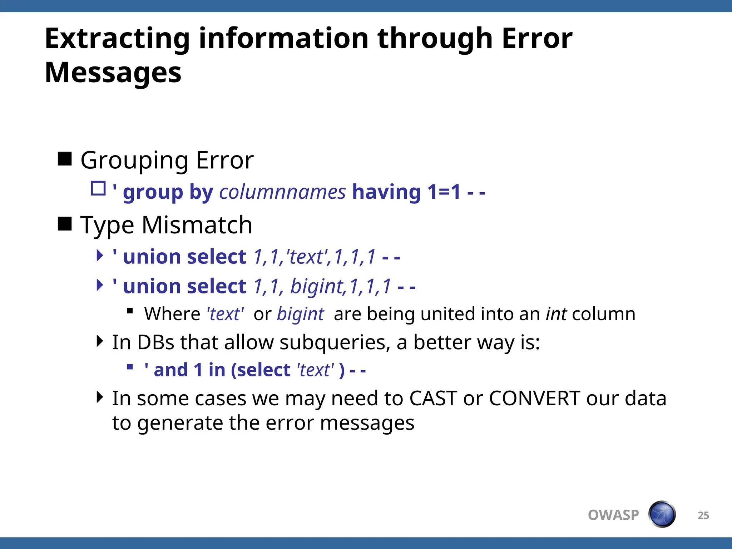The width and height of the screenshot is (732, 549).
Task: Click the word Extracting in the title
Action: click(x=117, y=39)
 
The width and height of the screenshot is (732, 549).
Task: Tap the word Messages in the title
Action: click(x=113, y=73)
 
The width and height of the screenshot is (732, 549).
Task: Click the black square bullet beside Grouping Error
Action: click(x=65, y=159)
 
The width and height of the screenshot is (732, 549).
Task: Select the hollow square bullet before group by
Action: click(x=98, y=188)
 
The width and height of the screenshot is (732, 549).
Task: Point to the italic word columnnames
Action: click(x=282, y=192)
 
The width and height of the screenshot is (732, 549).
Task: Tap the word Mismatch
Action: click(x=197, y=225)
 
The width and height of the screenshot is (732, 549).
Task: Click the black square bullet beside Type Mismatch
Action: click(x=65, y=224)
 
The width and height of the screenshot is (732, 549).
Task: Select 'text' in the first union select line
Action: click(x=308, y=257)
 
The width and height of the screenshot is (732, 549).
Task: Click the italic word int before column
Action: click(x=556, y=314)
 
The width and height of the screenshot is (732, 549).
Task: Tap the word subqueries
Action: click(x=335, y=342)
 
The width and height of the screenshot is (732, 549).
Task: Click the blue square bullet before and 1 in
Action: click(x=130, y=367)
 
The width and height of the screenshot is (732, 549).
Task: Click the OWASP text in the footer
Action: click(x=613, y=515)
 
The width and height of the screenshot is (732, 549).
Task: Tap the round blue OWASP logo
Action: click(x=662, y=514)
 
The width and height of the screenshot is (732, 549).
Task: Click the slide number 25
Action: click(x=703, y=515)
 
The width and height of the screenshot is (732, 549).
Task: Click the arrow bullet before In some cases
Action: click(x=100, y=397)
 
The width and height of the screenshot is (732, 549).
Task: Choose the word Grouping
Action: click(x=134, y=160)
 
